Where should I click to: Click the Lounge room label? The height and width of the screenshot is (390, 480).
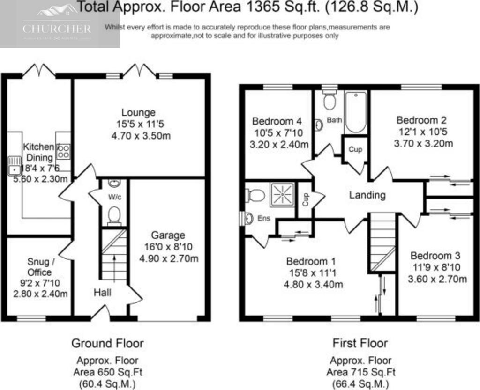click(x=138, y=112)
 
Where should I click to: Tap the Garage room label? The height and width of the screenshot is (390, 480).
click(x=168, y=235)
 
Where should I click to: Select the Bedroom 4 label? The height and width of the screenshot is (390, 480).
click(x=277, y=121)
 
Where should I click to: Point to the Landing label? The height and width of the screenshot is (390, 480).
click(x=367, y=195)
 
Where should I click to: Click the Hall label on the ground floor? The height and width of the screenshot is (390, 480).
click(x=102, y=293)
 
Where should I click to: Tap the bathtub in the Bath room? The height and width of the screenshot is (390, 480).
click(x=356, y=112)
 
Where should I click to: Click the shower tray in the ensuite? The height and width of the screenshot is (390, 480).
click(x=282, y=194)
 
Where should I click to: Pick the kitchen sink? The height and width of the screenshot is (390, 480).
click(x=15, y=166)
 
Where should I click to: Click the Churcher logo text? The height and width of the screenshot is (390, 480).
click(x=57, y=29)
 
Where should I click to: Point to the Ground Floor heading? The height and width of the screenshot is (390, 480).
click(x=107, y=343)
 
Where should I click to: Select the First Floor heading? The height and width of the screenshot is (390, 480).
click(x=360, y=343)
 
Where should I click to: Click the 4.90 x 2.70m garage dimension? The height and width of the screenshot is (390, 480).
click(x=169, y=258)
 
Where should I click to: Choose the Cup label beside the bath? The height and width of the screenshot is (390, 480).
click(x=355, y=149)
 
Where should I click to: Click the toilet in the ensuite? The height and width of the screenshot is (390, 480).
click(x=255, y=195)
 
